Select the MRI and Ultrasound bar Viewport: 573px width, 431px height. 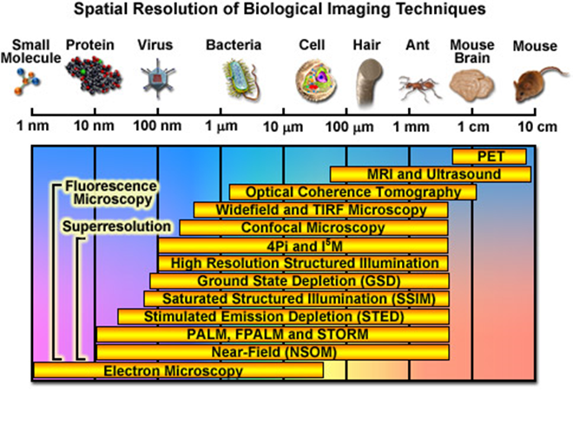(431, 174)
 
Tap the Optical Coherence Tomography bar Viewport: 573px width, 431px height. (352, 192)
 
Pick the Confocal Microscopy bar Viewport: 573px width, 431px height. (314, 227)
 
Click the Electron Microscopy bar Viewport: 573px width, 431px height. (178, 371)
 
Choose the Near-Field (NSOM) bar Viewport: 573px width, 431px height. (273, 352)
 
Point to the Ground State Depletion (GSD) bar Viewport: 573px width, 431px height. (299, 281)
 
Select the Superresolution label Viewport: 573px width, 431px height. (115, 227)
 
